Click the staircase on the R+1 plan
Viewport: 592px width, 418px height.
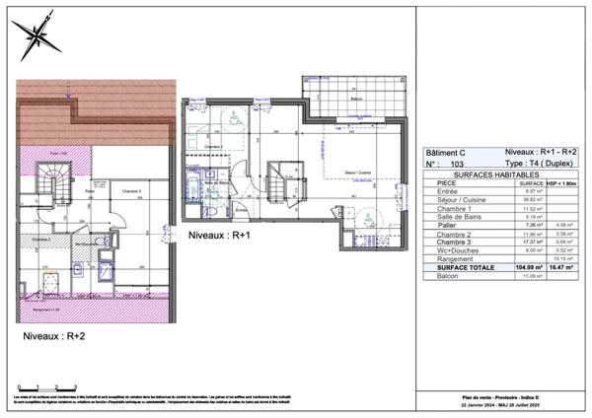(x=277, y=180)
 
